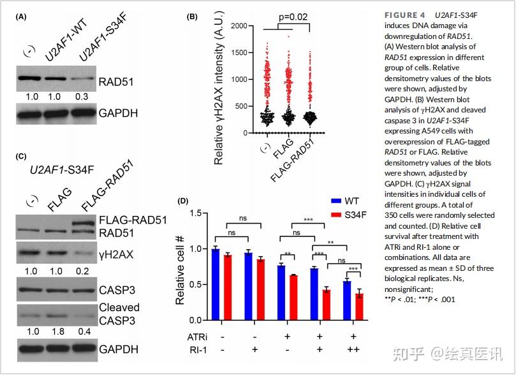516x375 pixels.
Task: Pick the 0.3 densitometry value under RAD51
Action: [x=80, y=98]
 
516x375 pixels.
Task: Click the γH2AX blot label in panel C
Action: [x=115, y=254]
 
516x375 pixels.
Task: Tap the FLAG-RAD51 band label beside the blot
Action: [x=132, y=220]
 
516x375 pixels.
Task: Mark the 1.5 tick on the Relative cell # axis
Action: [x=202, y=213]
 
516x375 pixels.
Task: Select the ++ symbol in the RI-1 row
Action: [x=352, y=351]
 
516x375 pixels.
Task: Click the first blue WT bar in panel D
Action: [x=215, y=284]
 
